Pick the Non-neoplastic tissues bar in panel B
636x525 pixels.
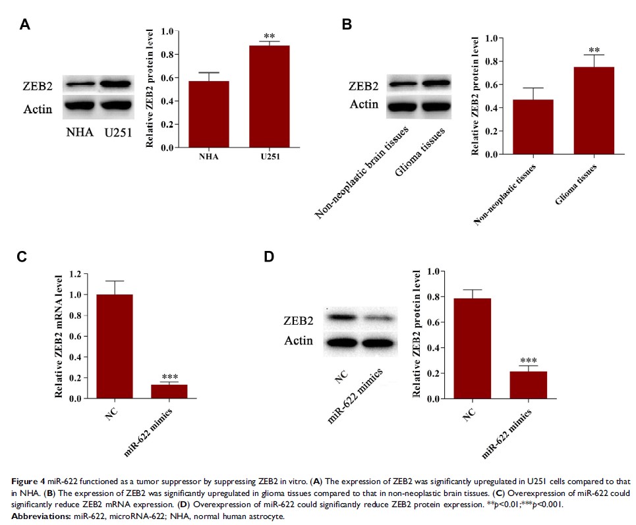tap(519, 127)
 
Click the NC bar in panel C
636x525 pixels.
tap(114, 346)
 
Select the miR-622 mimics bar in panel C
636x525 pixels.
tap(169, 391)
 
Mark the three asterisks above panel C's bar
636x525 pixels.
tap(170, 377)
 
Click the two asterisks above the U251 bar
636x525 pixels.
tap(269, 36)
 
